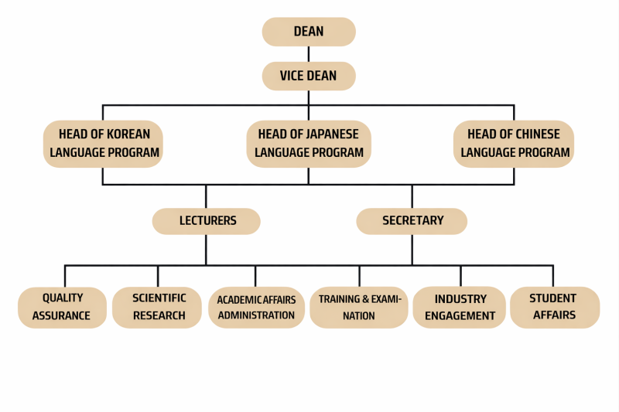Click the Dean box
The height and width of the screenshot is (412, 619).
309,32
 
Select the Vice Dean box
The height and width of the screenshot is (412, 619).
309,76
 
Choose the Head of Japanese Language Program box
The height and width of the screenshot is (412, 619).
309,143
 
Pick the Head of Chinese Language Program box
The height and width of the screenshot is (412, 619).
515,143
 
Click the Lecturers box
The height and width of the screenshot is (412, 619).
207,221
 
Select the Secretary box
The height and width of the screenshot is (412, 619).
412,221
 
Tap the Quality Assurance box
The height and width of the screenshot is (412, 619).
63,307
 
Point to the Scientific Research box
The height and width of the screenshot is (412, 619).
158,307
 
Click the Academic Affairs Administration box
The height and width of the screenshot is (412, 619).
256,308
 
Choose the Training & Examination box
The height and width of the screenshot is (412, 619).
358,307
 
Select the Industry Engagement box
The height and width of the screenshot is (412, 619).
460,307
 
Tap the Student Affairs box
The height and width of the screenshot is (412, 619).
553,307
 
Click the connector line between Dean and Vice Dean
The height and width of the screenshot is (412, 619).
309,54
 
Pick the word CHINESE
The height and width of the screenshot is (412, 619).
535,134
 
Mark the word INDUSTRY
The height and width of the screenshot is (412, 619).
460,298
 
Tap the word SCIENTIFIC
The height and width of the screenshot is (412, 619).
159,298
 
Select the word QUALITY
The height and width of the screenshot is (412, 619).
63,298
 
